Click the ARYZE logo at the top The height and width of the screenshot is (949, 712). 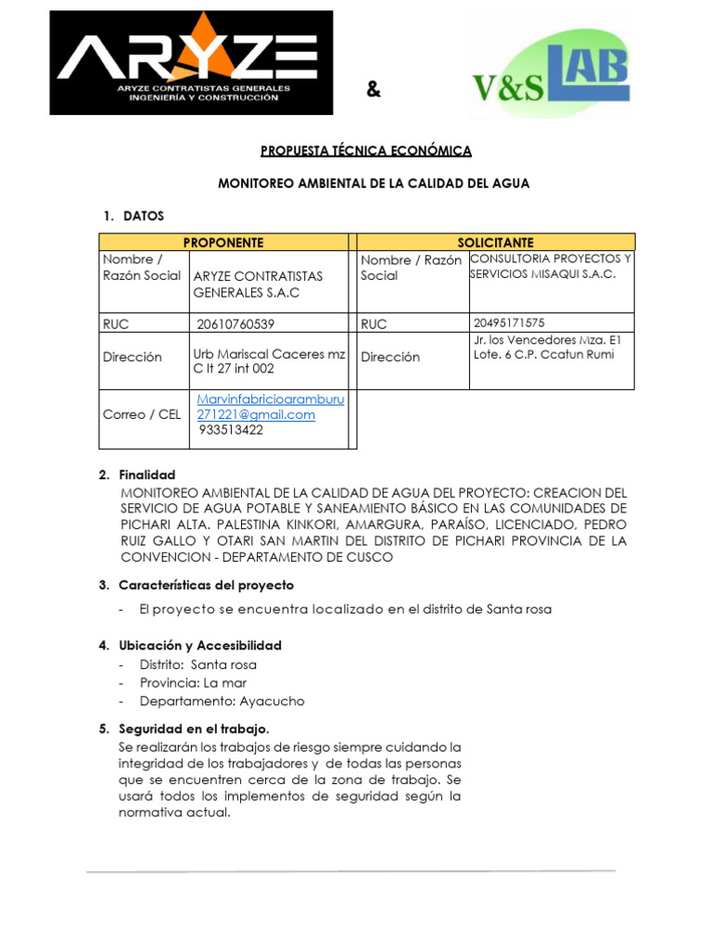pos(191,62)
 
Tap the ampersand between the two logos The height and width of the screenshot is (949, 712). pos(373,89)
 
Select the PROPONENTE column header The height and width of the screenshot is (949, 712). pos(223,242)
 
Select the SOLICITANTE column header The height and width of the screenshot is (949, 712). pos(495,242)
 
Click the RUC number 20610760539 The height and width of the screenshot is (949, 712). pos(235,323)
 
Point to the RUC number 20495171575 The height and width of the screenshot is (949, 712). pos(508,323)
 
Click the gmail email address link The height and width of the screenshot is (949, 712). pos(270,407)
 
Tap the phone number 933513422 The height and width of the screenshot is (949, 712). pos(231,430)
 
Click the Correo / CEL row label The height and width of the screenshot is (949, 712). pos(142,414)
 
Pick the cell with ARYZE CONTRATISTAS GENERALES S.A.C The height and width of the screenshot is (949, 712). pos(258,285)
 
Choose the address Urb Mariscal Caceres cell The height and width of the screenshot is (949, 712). pos(269,361)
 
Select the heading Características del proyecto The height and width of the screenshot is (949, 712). pos(206,585)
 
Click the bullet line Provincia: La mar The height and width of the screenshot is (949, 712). pos(193,683)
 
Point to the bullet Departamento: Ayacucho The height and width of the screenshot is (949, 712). pos(222,702)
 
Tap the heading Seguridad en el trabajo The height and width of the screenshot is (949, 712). pos(194,728)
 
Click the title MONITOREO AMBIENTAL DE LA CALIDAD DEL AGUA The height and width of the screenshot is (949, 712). pos(373,183)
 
